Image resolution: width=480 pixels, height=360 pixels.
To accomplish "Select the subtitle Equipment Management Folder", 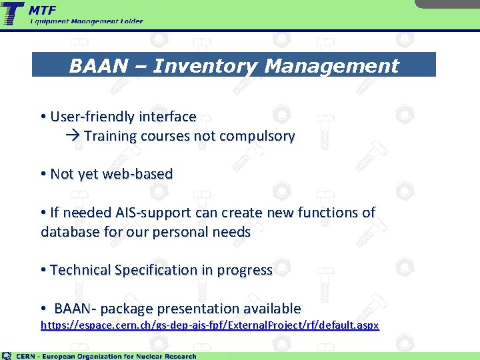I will pyautogui.click(x=86, y=21).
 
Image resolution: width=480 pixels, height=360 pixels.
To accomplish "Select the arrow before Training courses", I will pyautogui.click(x=73, y=137).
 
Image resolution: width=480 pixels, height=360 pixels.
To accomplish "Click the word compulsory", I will pyautogui.click(x=261, y=137).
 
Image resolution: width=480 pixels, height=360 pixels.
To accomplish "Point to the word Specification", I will pyautogui.click(x=160, y=270).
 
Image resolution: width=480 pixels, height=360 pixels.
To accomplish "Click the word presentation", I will pyautogui.click(x=201, y=309).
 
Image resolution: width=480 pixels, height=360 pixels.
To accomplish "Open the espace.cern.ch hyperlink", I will pyautogui.click(x=209, y=326).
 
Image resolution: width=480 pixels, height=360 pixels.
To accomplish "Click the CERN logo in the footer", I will pyautogui.click(x=7, y=355).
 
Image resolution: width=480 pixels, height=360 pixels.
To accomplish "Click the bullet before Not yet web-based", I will pyautogui.click(x=43, y=175).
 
